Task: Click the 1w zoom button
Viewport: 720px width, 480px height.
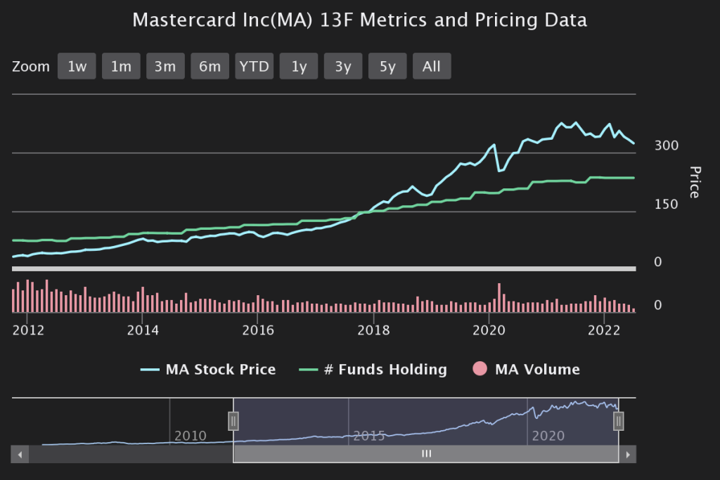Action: [x=77, y=67]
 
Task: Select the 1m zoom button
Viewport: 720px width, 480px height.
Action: [x=121, y=67]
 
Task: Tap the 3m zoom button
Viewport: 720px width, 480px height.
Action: [x=165, y=67]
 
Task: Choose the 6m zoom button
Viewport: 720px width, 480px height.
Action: [x=210, y=67]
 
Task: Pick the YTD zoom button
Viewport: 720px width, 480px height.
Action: [x=254, y=67]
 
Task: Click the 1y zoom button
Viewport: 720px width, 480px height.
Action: [x=299, y=67]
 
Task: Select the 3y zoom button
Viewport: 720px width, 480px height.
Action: [x=343, y=67]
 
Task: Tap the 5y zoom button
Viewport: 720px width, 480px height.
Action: [x=387, y=67]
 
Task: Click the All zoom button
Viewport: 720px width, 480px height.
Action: [x=432, y=67]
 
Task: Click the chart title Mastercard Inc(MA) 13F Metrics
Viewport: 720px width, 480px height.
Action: [x=359, y=20]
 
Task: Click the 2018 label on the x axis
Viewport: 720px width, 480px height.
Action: [x=373, y=330]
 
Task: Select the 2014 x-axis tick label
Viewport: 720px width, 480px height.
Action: [x=143, y=330]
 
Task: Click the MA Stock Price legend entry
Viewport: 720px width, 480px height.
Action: [x=208, y=370]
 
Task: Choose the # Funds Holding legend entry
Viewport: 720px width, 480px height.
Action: [x=373, y=370]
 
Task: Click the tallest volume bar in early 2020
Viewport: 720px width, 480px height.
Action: [x=499, y=298]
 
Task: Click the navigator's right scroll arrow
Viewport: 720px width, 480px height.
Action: [x=629, y=455]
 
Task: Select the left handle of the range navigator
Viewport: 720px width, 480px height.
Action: [x=233, y=421]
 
